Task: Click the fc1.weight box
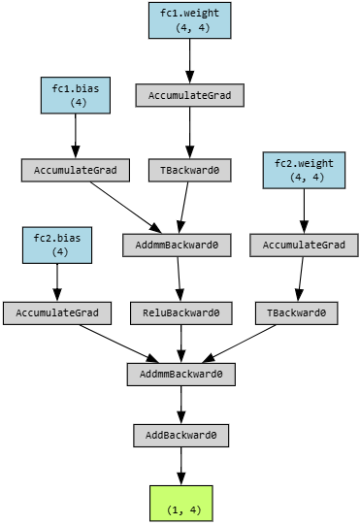pyautogui.click(x=190, y=20)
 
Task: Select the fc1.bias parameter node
pyautogui.click(x=76, y=95)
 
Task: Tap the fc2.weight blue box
pyautogui.click(x=304, y=170)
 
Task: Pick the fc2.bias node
pyautogui.click(x=57, y=246)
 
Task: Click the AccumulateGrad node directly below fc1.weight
pyautogui.click(x=190, y=95)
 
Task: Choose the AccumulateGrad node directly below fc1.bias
pyautogui.click(x=76, y=171)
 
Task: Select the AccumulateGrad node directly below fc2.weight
pyautogui.click(x=304, y=246)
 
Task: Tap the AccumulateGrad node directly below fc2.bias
pyautogui.click(x=57, y=313)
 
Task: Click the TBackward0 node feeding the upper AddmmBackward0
pyautogui.click(x=190, y=171)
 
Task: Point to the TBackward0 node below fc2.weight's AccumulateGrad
pyautogui.click(x=296, y=313)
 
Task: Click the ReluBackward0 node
pyautogui.click(x=181, y=313)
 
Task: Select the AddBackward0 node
pyautogui.click(x=181, y=436)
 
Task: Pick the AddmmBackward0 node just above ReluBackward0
pyautogui.click(x=177, y=246)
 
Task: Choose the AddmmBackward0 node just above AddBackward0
pyautogui.click(x=181, y=374)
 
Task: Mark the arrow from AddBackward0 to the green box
pyautogui.click(x=181, y=466)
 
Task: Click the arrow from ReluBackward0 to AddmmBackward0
pyautogui.click(x=181, y=344)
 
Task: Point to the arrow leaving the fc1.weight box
pyautogui.click(x=190, y=61)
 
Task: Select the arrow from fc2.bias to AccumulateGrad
pyautogui.click(x=57, y=282)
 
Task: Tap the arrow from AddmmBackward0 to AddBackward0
pyautogui.click(x=181, y=405)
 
